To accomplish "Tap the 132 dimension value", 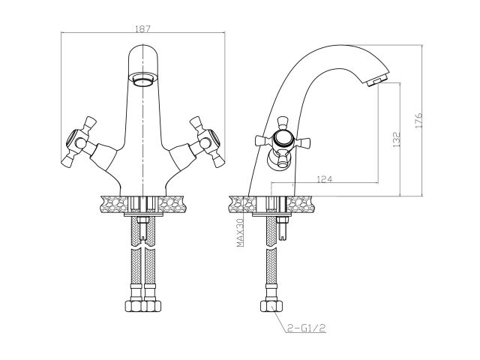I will [x=396, y=139].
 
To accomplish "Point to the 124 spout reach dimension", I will [x=325, y=178].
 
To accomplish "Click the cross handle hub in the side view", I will [x=282, y=139].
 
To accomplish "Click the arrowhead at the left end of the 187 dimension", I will [x=61, y=33].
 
